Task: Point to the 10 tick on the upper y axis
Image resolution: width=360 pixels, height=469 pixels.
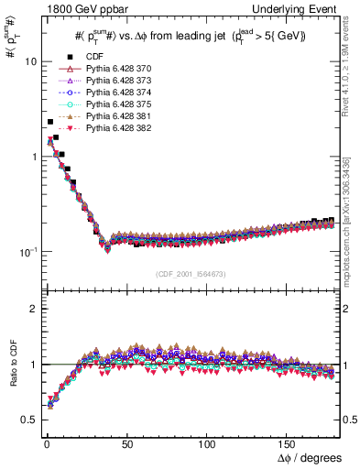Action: (x=27, y=61)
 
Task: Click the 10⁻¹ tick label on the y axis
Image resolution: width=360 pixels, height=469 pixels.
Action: (x=26, y=251)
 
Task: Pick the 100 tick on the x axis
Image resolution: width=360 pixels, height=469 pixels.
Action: (x=208, y=443)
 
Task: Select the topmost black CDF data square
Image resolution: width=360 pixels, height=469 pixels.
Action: (x=50, y=122)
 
